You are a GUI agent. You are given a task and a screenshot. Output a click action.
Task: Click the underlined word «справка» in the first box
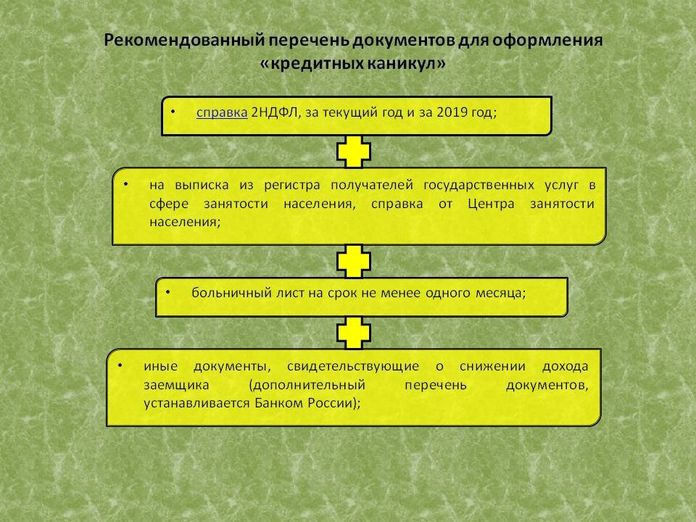(222, 113)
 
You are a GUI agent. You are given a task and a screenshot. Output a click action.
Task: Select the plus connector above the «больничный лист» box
(354, 261)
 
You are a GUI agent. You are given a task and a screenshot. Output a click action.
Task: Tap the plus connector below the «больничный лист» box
(354, 333)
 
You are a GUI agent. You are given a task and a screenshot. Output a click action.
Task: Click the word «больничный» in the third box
(227, 293)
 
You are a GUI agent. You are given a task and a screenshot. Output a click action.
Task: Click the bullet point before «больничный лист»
(168, 291)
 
